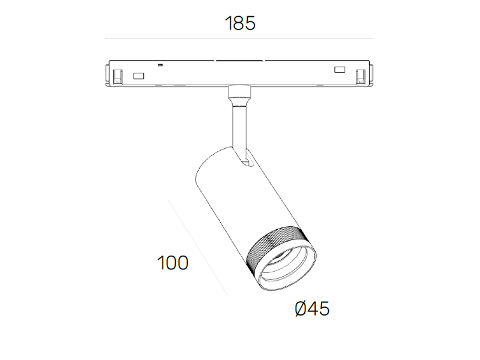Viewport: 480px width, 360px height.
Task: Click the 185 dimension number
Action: click(x=240, y=23)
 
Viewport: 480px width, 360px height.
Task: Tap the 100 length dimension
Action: click(x=173, y=263)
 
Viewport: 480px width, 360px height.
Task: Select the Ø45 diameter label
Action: click(x=312, y=308)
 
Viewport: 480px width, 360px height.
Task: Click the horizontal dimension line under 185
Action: click(x=239, y=38)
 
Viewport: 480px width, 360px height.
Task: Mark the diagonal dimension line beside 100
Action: click(x=198, y=247)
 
